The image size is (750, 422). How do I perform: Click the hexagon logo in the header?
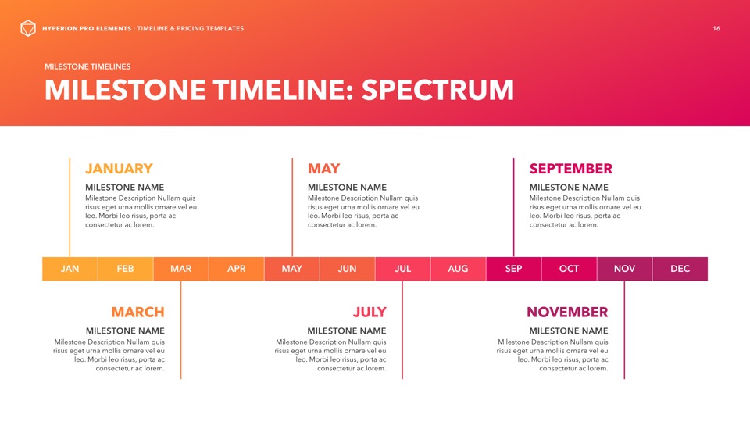coord(28,28)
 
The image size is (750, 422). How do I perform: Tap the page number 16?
coord(716,29)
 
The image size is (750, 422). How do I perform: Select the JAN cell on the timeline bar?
coord(70,269)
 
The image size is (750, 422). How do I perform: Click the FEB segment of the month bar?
coord(125,269)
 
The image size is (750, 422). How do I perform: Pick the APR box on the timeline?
coord(236,269)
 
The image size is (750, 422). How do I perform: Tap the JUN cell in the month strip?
coord(347,269)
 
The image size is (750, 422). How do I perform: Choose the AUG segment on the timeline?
coord(459,269)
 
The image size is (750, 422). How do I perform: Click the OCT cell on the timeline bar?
coord(570,269)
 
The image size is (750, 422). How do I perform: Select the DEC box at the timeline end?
coord(680,269)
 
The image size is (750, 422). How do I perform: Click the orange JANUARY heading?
coord(119,169)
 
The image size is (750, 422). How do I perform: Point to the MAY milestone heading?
coord(323,169)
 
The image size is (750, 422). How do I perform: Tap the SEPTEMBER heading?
coord(570,169)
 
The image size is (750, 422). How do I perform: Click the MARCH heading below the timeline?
coord(137,313)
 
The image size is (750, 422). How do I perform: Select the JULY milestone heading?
coord(370,313)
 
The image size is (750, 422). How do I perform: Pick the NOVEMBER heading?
coord(567,313)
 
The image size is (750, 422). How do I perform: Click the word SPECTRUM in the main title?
coord(437,91)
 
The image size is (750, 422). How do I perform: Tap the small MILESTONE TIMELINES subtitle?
coord(87,66)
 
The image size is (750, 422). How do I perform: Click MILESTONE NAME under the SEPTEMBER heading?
coord(569,188)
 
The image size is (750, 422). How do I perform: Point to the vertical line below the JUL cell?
coord(402,330)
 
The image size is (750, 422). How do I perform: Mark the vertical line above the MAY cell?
coord(292,208)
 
